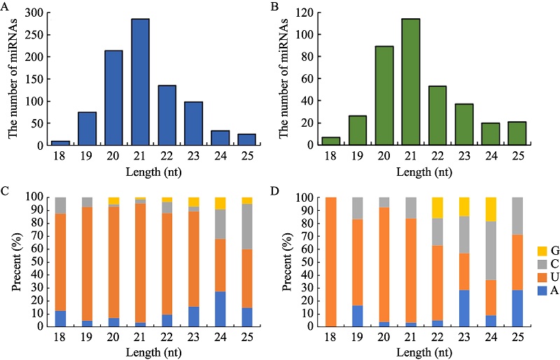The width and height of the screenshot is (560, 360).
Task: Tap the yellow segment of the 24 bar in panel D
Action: pos(491,209)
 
